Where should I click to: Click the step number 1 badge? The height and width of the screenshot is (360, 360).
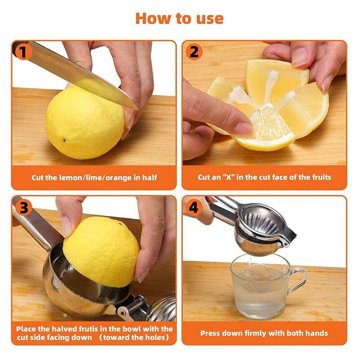23,52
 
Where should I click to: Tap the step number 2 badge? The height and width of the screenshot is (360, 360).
193,52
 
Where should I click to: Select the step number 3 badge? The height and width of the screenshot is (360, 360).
23,207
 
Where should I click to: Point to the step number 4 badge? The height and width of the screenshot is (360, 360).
193,207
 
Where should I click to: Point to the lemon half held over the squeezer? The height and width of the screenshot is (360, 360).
101,250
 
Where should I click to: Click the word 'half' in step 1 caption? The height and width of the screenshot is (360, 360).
149,177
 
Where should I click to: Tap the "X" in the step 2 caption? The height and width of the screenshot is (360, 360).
231,177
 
